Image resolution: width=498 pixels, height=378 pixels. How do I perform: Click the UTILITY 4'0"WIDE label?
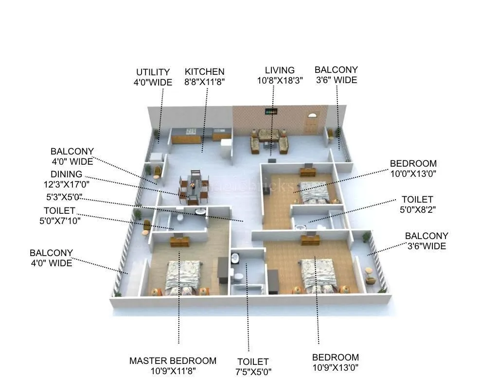(x=153, y=77)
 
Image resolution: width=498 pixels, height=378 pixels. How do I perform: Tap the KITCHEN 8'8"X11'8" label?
(x=204, y=77)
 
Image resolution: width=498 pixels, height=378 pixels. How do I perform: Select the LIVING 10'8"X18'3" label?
(x=280, y=75)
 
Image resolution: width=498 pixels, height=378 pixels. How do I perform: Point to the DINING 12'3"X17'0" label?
(x=66, y=179)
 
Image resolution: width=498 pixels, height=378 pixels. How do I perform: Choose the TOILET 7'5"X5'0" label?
(x=253, y=366)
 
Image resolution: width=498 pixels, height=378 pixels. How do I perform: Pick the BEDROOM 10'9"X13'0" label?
(x=336, y=362)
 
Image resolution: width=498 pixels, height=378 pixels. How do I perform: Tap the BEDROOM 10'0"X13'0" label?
(x=413, y=168)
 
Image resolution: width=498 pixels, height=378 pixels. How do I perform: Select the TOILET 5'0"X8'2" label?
(x=417, y=204)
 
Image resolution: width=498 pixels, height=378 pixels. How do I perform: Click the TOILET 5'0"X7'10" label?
(x=59, y=215)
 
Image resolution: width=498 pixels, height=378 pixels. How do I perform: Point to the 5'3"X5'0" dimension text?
(x=63, y=197)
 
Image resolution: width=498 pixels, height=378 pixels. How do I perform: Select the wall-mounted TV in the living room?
(x=271, y=111)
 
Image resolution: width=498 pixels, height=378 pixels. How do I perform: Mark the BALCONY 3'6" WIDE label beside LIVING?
(x=336, y=75)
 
